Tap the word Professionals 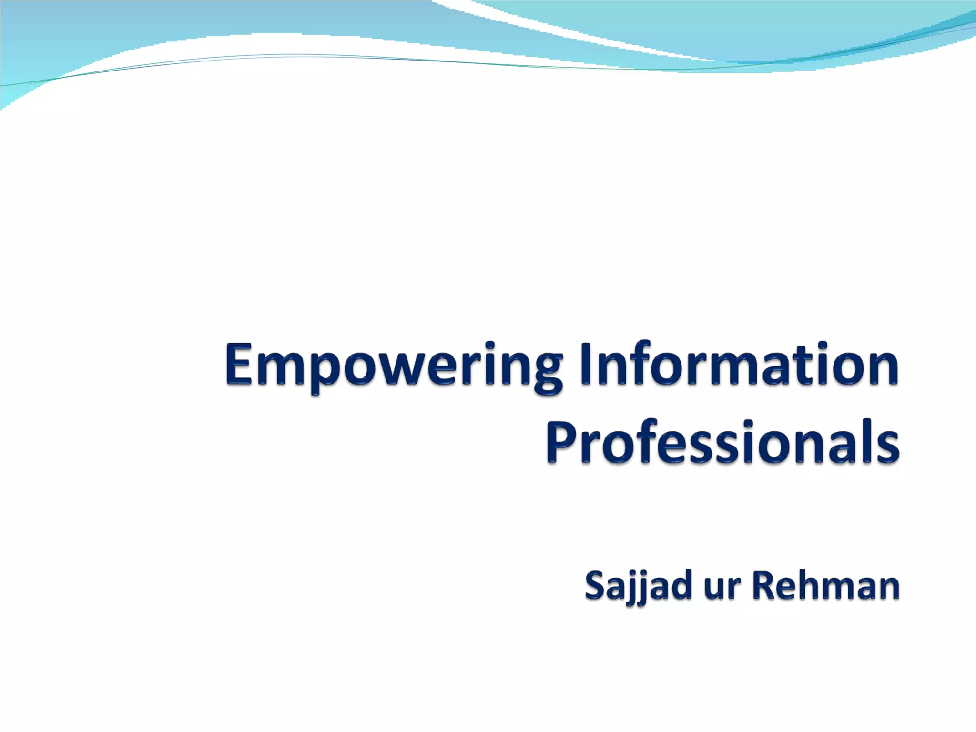[x=722, y=442]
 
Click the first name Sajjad [x=638, y=587]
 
